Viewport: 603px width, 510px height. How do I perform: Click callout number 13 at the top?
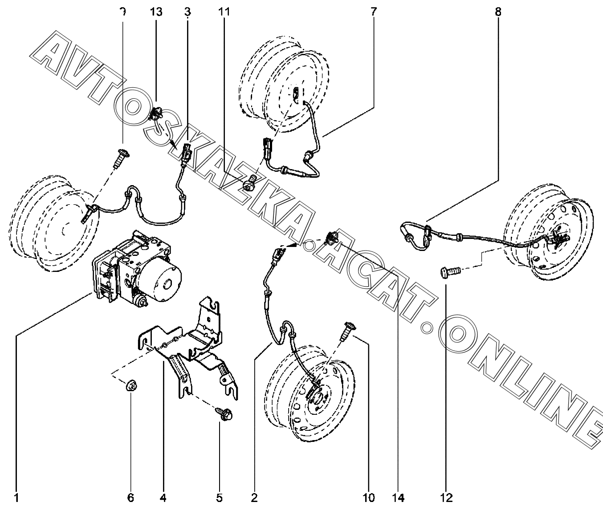pyautogui.click(x=156, y=11)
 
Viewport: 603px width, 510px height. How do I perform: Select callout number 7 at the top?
pyautogui.click(x=373, y=11)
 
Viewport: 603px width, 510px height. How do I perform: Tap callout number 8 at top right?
pyautogui.click(x=498, y=11)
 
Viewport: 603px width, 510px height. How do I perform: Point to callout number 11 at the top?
pyautogui.click(x=224, y=11)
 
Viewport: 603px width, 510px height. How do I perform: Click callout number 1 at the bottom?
pyautogui.click(x=16, y=498)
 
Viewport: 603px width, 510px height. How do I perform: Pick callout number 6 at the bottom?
pyautogui.click(x=130, y=498)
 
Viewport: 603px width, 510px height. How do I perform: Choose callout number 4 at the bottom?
pyautogui.click(x=163, y=498)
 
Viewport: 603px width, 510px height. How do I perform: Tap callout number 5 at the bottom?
pyautogui.click(x=219, y=498)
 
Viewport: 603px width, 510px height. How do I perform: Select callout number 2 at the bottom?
pyautogui.click(x=254, y=498)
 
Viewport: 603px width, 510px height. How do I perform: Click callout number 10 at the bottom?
pyautogui.click(x=369, y=498)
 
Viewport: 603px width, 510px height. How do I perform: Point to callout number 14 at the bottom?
pyautogui.click(x=399, y=498)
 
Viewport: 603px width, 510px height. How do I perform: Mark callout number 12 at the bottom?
pyautogui.click(x=447, y=498)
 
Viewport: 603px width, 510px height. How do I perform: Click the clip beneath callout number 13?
pyautogui.click(x=156, y=115)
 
